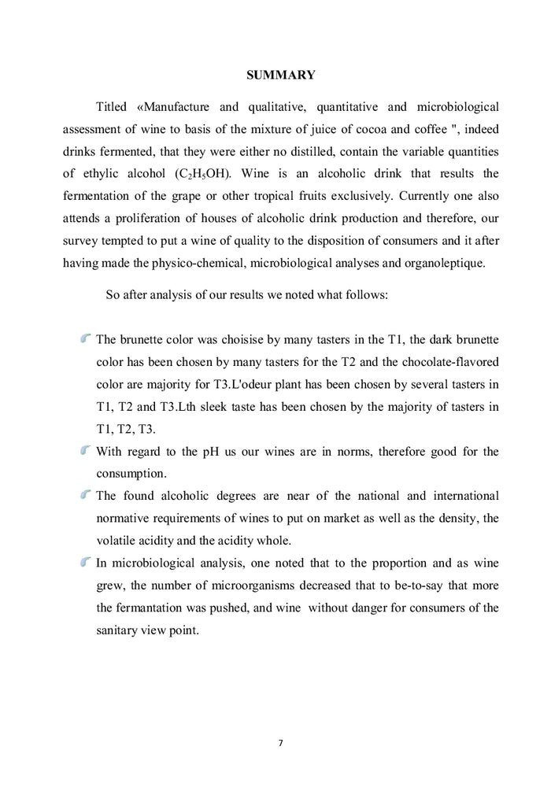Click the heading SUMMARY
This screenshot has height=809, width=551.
(281, 76)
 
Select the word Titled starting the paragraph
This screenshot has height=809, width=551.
(112, 105)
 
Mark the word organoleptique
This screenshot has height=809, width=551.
(441, 262)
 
